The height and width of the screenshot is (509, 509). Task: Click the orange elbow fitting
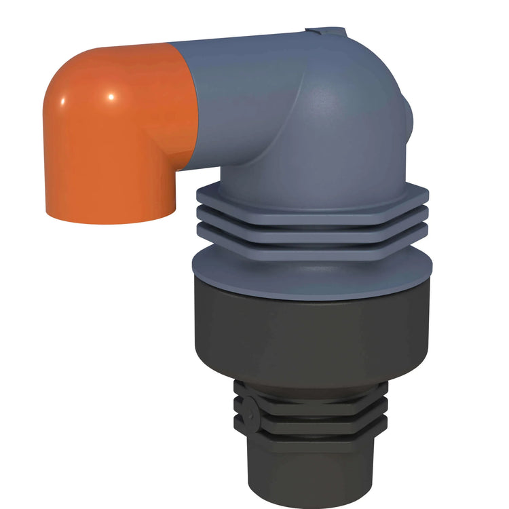115,136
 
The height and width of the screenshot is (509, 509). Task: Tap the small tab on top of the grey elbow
326,32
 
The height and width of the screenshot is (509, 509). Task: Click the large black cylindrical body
312,333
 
